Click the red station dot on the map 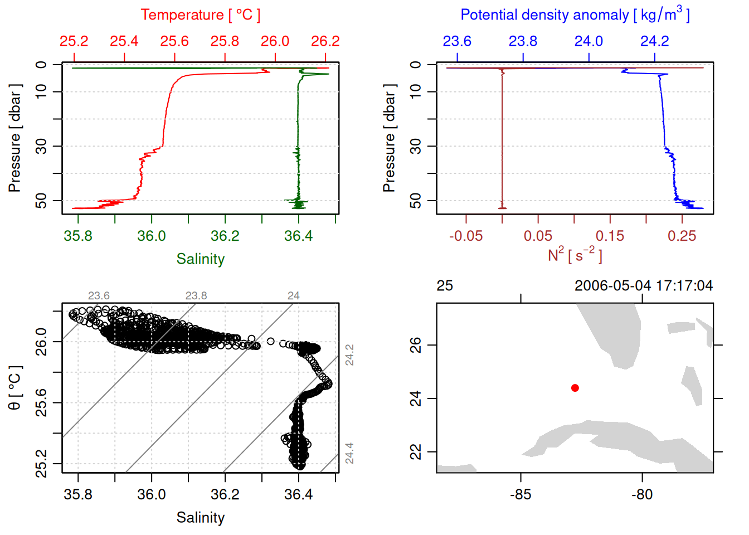click(575, 388)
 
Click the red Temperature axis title click(200, 15)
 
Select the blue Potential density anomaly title click(575, 14)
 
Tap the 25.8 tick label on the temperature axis click(225, 41)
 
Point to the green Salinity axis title click(200, 259)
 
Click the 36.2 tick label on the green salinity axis click(225, 236)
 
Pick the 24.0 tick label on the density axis click(588, 41)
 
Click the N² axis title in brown click(575, 255)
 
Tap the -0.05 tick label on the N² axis click(466, 236)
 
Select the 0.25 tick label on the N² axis click(682, 236)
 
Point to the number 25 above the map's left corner click(445, 286)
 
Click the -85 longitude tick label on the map click(521, 495)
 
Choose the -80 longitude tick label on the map click(642, 495)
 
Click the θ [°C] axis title click(15, 388)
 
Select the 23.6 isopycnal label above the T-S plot click(99, 295)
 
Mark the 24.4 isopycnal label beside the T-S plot click(349, 453)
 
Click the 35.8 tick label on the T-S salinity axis click(78, 495)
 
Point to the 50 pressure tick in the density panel click(416, 201)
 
